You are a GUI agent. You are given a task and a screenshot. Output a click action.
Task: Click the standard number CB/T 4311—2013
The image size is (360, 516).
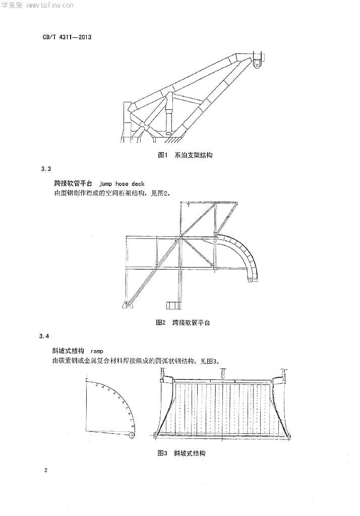[67, 37]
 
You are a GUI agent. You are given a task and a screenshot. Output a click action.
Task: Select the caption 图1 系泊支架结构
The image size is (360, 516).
[185, 155]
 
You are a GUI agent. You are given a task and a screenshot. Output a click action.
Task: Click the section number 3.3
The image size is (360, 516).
[46, 169]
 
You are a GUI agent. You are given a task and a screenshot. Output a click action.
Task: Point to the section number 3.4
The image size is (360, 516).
[44, 336]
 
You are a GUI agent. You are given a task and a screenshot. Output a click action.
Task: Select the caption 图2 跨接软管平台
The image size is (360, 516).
[183, 322]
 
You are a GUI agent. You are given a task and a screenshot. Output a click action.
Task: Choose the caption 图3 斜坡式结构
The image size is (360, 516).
[182, 453]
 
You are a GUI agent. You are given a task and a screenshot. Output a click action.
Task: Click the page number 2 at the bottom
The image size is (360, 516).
[45, 470]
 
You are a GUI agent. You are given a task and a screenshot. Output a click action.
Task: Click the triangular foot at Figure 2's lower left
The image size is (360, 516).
[128, 304]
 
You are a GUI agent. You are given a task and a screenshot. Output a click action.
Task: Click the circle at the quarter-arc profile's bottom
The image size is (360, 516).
[132, 435]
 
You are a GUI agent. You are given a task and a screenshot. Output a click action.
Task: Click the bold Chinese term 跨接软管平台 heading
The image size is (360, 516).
[73, 183]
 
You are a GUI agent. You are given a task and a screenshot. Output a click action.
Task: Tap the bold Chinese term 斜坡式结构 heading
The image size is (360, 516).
[68, 351]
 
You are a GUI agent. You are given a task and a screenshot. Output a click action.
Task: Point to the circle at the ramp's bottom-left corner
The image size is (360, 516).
[156, 435]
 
